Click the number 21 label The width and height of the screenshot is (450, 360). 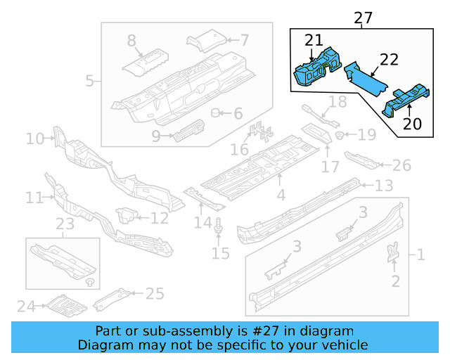[314, 41]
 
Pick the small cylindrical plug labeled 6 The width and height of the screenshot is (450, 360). [217, 113]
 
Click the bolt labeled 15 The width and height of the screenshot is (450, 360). [221, 226]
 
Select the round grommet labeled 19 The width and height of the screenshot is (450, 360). [340, 134]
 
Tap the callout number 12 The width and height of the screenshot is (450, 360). [160, 218]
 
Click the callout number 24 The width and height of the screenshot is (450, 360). [26, 306]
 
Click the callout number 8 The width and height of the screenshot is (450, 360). [132, 41]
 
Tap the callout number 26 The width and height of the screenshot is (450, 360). [401, 165]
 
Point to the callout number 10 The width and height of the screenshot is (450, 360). [35, 139]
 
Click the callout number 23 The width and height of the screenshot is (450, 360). [65, 224]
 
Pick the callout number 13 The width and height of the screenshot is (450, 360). [383, 186]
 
